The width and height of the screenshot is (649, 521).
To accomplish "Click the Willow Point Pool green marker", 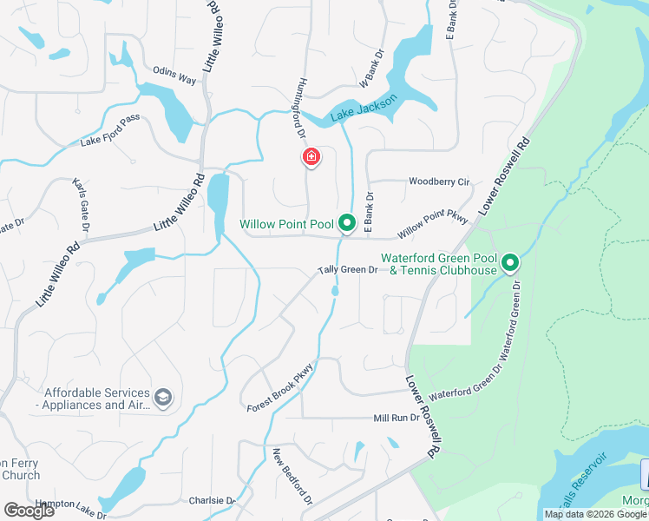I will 347,224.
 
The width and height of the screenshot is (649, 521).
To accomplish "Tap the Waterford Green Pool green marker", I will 510,261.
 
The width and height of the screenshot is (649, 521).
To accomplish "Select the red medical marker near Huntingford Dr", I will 311,157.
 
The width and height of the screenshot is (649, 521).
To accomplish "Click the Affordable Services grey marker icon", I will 162,399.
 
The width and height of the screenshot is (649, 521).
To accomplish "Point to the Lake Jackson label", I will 364,109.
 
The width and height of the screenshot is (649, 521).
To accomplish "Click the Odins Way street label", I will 174,76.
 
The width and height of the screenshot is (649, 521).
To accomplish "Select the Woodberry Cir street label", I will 439,182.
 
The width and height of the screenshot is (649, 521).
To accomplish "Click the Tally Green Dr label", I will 348,270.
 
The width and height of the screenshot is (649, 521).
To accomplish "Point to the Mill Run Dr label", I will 397,418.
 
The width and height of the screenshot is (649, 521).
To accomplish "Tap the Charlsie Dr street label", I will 212,501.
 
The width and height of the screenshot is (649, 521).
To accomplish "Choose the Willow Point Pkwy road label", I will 433,224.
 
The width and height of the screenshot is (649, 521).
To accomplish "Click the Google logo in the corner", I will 29,511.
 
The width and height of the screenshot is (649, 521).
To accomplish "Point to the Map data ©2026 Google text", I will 596,514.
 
